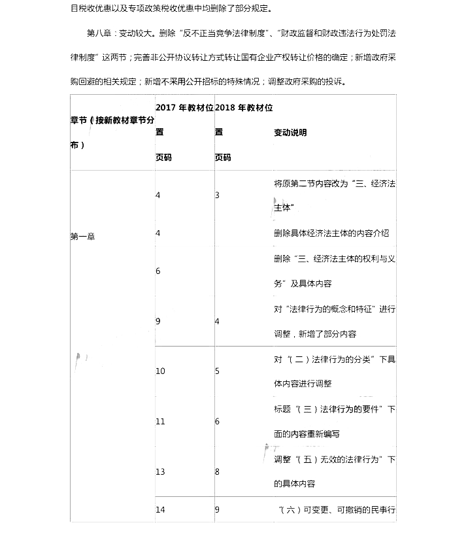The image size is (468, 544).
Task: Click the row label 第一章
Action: (x=82, y=237)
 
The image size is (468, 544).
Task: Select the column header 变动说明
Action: (x=290, y=133)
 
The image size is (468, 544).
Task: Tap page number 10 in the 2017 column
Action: (x=161, y=371)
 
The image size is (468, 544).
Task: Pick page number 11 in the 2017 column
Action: (x=161, y=422)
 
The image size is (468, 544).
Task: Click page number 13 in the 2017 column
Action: (x=161, y=471)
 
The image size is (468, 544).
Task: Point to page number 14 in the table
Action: (x=161, y=509)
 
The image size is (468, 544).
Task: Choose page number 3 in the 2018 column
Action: (x=217, y=195)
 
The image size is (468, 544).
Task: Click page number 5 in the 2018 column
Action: (x=217, y=371)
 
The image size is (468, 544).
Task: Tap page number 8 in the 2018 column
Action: (x=217, y=471)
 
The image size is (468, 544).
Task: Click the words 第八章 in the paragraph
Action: (x=99, y=33)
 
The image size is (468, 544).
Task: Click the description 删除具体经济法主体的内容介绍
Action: (x=331, y=233)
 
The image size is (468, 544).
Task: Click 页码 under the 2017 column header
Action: (x=164, y=158)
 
